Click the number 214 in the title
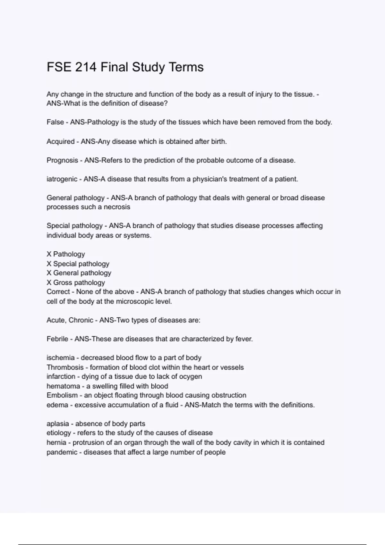pos(86,67)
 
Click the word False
pos(55,122)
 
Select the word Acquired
pos(60,141)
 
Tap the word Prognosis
pos(62,160)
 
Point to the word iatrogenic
pos(62,179)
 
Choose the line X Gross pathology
pos(76,282)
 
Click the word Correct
pos(58,292)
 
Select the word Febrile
pos(57,339)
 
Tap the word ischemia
pos(61,358)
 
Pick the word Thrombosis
pos(65,367)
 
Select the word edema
pos(57,405)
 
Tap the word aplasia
pos(58,424)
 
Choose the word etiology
pos(59,433)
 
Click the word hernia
pos(56,442)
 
